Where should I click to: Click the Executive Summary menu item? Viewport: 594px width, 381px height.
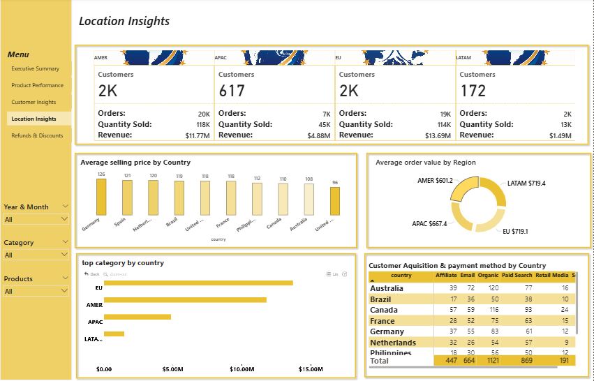[x=35, y=69]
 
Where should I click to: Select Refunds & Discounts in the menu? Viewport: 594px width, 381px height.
[x=37, y=136]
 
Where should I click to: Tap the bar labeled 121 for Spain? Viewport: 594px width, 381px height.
[x=127, y=197]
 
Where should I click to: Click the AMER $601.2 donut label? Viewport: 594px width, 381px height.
[x=435, y=180]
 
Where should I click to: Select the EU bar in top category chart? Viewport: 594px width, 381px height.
[x=198, y=283]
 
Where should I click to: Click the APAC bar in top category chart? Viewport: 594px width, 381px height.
[x=137, y=317]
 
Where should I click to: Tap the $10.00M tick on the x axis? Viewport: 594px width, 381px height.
[x=242, y=369]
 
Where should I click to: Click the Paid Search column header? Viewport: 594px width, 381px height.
[x=517, y=276]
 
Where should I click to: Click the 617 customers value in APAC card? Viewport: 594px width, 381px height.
[x=232, y=91]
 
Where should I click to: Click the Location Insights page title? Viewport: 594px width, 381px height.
[x=124, y=21]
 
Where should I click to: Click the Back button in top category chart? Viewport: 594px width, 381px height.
[x=91, y=274]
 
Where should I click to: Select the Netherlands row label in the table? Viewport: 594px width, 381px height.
[x=392, y=343]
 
